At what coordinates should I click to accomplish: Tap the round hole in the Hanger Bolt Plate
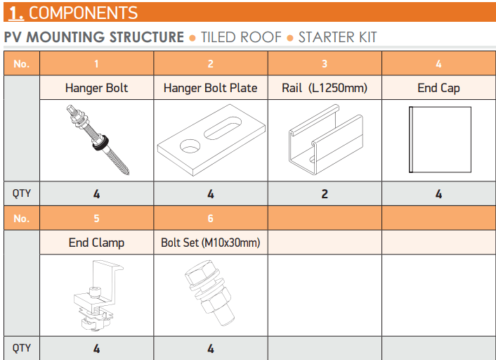point(190,146)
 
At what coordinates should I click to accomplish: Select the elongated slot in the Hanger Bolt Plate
point(223,127)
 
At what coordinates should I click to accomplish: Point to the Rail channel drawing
point(325,139)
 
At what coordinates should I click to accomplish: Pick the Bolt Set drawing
point(209,292)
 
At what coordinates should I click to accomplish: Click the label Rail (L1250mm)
point(325,88)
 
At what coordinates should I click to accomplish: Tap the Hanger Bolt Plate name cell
point(210,88)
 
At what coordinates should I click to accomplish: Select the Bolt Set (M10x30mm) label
point(210,243)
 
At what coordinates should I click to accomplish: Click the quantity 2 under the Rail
point(325,194)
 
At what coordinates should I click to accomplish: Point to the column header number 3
point(325,64)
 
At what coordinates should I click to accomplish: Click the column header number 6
point(210,219)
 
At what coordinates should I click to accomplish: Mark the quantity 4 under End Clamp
point(96,349)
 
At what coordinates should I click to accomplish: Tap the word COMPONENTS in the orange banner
point(83,13)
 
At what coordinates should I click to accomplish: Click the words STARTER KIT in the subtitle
point(337,37)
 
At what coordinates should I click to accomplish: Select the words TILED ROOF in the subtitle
point(241,37)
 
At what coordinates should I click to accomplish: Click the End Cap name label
point(438,88)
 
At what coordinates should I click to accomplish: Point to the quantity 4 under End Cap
point(438,194)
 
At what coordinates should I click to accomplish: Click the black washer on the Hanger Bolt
point(100,143)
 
